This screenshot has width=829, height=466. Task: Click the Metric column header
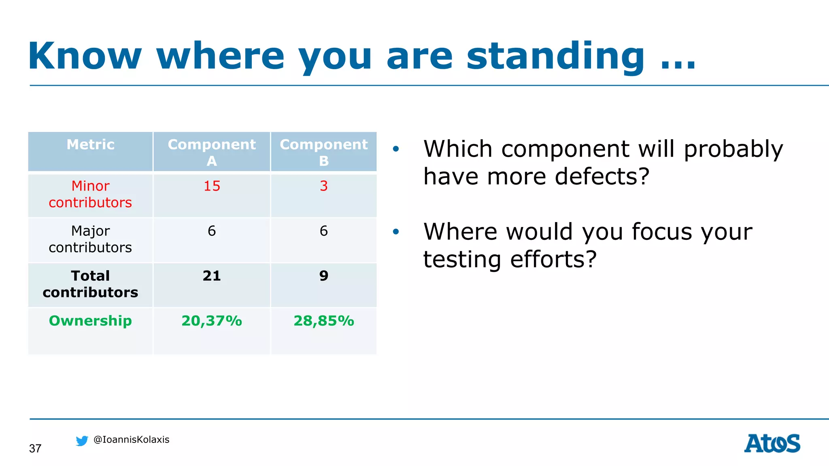[90, 145]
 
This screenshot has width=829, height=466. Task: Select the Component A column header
[212, 152]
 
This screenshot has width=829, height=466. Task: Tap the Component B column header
[323, 152]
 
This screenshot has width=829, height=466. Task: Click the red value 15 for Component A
[212, 186]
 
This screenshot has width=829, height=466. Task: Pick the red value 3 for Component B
[323, 186]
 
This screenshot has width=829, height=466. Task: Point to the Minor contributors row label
[90, 194]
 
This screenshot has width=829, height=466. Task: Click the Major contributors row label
[90, 239]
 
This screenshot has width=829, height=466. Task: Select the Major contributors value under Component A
[212, 231]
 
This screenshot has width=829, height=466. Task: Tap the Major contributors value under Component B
[323, 231]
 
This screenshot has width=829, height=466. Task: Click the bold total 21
[212, 276]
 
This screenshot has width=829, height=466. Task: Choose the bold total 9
[323, 276]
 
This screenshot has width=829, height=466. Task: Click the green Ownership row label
[90, 321]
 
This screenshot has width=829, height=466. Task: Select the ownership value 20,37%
[212, 321]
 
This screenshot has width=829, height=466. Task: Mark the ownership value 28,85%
[323, 321]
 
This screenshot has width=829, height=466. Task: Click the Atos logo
[772, 443]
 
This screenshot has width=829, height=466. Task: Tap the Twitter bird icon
[82, 441]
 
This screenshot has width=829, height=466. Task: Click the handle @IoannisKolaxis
[131, 440]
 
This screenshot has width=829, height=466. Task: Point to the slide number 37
[35, 449]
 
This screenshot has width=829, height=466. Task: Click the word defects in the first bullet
[602, 177]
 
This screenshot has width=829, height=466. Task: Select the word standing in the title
[555, 57]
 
